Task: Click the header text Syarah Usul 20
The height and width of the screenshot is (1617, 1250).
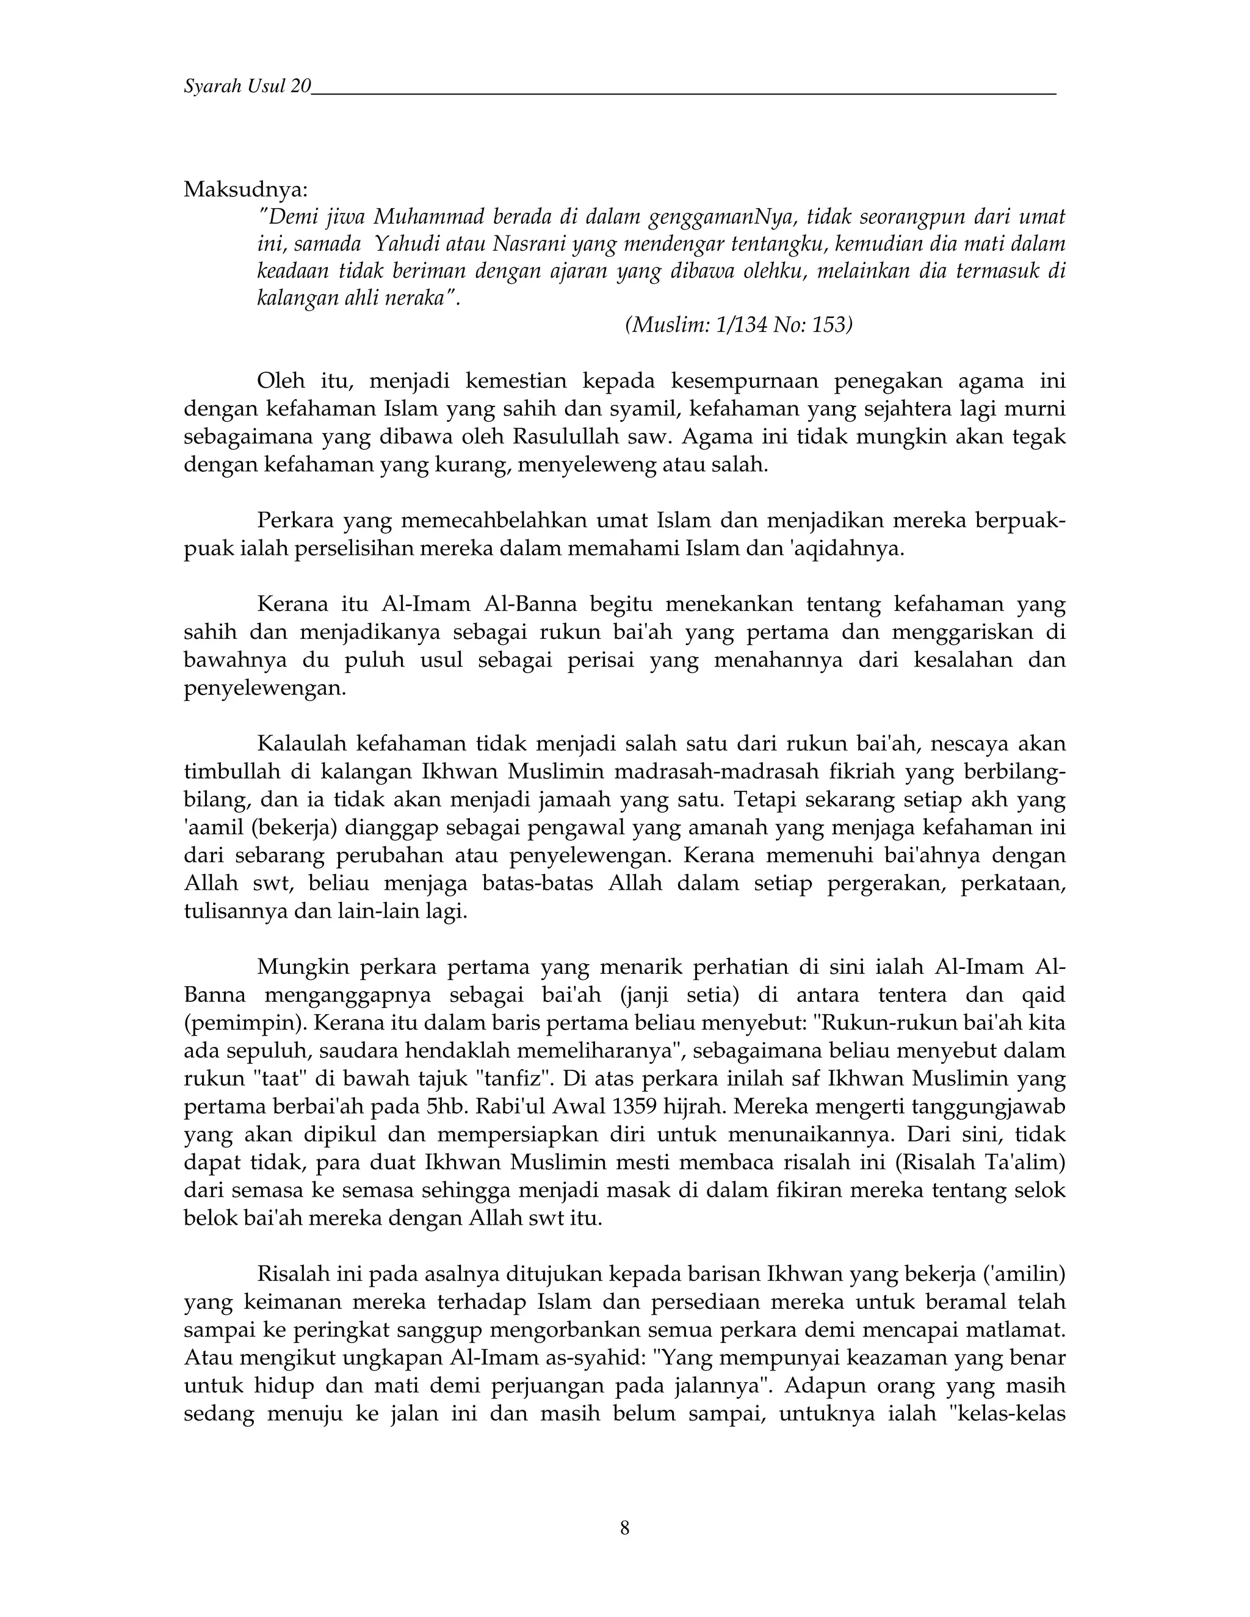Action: tap(247, 87)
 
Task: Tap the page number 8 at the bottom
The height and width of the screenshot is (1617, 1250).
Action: tap(624, 1527)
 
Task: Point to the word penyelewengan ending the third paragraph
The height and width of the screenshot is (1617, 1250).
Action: tap(264, 688)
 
